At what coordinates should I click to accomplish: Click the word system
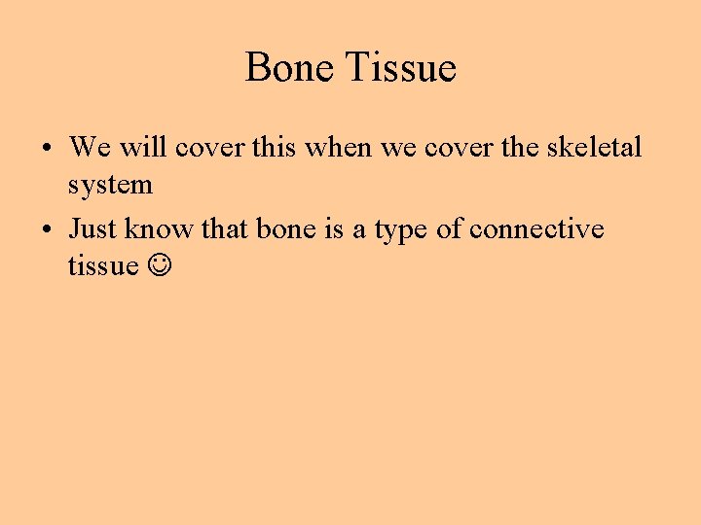(110, 185)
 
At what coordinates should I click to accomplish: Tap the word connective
(536, 229)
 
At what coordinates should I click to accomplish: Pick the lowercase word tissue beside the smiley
(103, 266)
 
